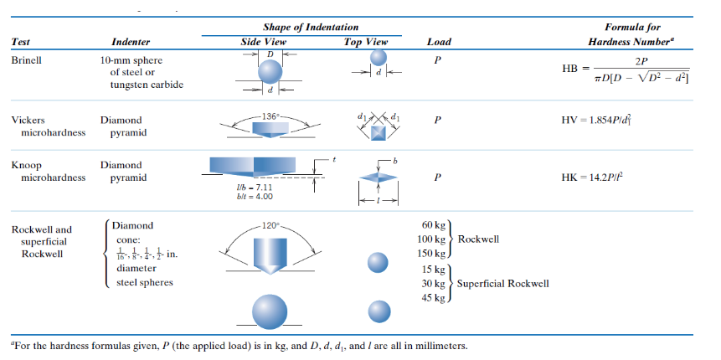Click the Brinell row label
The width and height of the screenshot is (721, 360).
coord(27,61)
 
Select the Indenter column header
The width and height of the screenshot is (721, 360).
coord(131,42)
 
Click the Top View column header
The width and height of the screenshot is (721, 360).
coord(366,42)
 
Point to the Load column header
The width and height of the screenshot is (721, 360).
coord(439,42)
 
